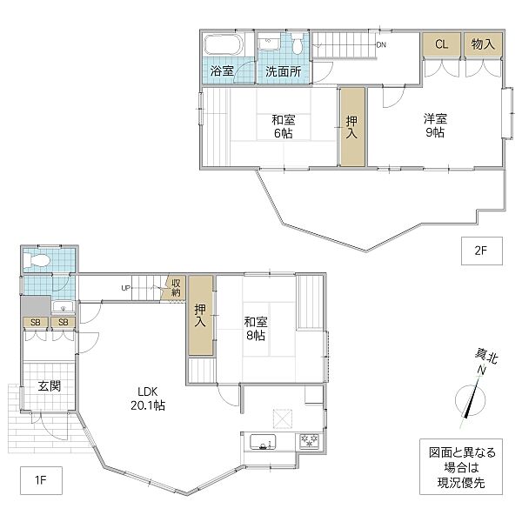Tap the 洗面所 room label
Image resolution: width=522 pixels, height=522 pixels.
[283, 71]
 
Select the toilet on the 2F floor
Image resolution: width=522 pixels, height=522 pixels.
[298, 43]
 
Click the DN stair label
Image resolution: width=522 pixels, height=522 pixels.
[381, 44]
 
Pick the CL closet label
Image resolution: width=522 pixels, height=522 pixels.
[441, 44]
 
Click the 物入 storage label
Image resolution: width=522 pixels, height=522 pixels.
[483, 44]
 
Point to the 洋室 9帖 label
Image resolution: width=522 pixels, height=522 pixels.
[435, 125]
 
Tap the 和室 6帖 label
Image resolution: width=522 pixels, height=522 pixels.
[284, 126]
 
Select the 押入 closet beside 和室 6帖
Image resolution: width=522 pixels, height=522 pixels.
[352, 126]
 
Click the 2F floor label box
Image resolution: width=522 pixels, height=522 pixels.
[481, 251]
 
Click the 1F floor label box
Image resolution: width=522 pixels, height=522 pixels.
[41, 480]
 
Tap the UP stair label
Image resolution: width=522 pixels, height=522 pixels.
[126, 288]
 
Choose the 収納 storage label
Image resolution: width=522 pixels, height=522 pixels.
[176, 288]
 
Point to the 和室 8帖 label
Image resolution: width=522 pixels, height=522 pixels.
[256, 329]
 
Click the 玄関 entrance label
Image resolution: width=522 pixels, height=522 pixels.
[50, 386]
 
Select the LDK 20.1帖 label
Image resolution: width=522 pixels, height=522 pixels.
[148, 398]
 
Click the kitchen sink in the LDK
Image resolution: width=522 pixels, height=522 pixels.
[263, 443]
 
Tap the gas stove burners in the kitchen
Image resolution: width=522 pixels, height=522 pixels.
[310, 442]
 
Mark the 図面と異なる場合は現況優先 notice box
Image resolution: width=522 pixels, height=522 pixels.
[461, 466]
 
